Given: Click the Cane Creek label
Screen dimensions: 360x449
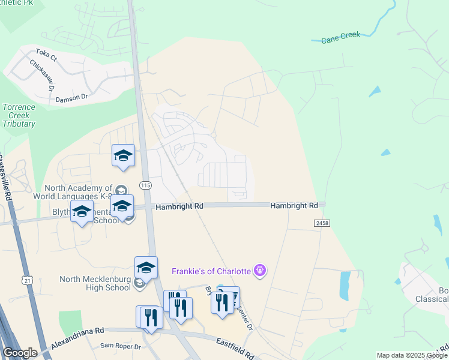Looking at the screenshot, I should (340, 37).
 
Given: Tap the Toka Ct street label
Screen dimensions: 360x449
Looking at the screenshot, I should (46, 55).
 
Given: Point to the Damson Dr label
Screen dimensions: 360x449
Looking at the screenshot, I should (71, 97).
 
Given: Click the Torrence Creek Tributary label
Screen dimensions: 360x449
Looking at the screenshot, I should (19, 115).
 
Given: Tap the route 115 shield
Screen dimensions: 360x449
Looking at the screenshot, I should (145, 185).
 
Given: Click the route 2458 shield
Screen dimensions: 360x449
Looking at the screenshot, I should (322, 223).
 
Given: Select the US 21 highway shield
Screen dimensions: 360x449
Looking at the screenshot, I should (26, 280).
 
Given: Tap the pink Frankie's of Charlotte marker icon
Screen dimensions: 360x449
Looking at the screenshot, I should (259, 271).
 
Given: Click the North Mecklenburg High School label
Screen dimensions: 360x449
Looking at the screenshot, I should (95, 283).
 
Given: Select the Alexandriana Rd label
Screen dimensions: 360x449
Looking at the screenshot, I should (77, 330).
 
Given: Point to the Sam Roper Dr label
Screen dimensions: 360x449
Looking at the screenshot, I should (120, 346).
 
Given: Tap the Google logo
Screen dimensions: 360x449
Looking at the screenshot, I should (20, 353).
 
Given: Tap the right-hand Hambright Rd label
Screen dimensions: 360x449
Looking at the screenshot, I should (294, 205).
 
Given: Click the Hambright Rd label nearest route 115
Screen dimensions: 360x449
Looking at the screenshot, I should (179, 206).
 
